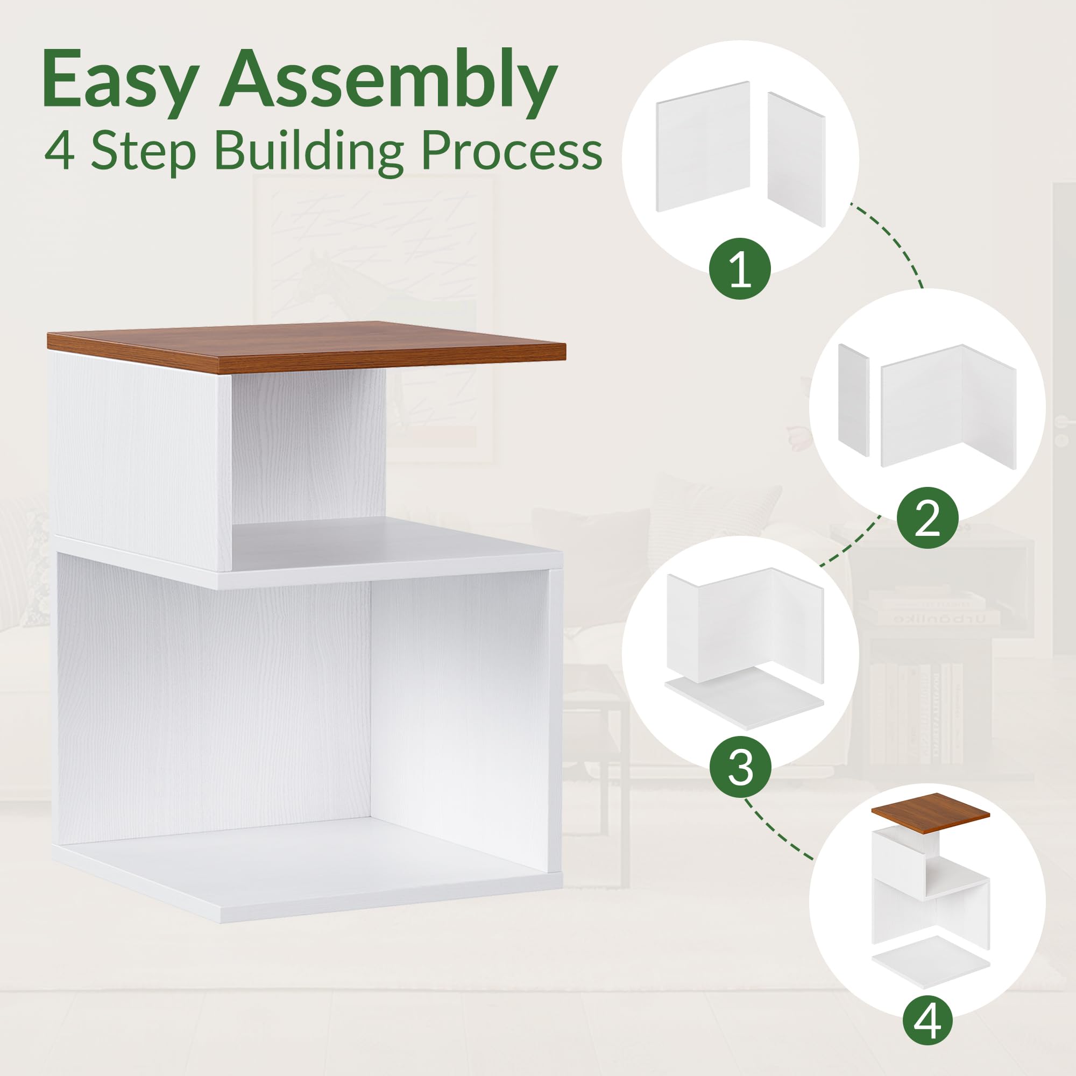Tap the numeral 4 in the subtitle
[x=60, y=152]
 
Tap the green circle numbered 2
[x=928, y=519]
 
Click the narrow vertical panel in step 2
[x=853, y=399]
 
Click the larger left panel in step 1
[x=703, y=146]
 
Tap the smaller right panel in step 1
[x=796, y=159]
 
